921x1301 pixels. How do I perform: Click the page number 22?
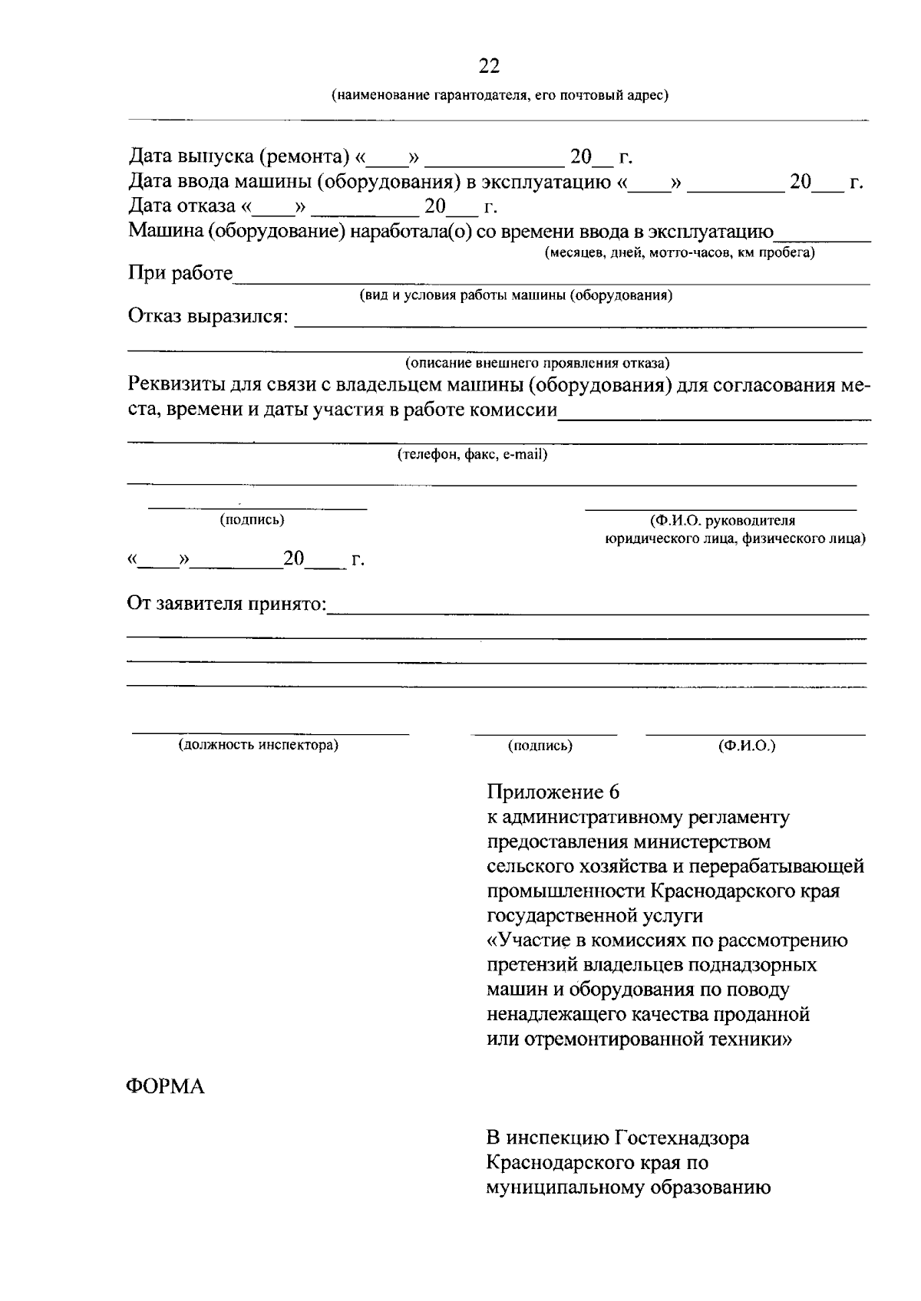(x=489, y=67)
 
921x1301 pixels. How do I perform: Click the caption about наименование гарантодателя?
(x=500, y=96)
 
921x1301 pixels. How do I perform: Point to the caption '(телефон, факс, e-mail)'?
(x=472, y=455)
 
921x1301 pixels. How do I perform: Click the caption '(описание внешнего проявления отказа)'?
(x=537, y=363)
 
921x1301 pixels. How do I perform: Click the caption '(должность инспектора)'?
(x=259, y=745)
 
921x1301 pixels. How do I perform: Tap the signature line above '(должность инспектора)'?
(x=270, y=733)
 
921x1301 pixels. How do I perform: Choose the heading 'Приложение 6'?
(x=553, y=792)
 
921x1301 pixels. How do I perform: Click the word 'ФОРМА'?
(x=166, y=1087)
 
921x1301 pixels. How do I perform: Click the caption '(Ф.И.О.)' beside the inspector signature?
(x=747, y=745)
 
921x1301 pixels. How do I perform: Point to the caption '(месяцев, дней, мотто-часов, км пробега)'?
(x=679, y=253)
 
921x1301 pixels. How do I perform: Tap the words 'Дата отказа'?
(x=181, y=206)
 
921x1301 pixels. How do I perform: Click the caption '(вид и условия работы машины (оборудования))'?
(x=517, y=296)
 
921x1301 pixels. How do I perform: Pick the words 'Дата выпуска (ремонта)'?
(x=239, y=157)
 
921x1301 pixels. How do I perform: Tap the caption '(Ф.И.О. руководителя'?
(x=723, y=522)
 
